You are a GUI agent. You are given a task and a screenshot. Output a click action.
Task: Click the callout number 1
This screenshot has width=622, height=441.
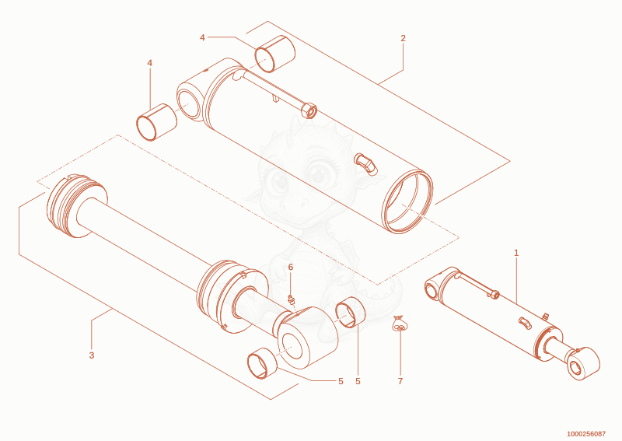click(516, 253)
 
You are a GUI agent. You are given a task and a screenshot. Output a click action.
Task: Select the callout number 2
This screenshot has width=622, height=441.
click(403, 39)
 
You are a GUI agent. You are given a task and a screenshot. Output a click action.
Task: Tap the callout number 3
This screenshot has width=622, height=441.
click(92, 355)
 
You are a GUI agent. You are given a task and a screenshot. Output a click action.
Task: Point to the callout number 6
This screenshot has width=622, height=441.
click(290, 267)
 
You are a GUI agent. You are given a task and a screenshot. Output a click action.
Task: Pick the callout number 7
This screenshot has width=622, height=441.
click(400, 381)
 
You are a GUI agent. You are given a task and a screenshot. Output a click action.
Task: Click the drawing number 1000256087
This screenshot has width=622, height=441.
click(586, 434)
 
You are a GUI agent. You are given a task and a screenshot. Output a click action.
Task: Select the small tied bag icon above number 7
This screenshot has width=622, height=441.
click(400, 323)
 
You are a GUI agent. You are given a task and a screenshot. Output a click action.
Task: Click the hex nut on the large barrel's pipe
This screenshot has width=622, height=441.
click(309, 110)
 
